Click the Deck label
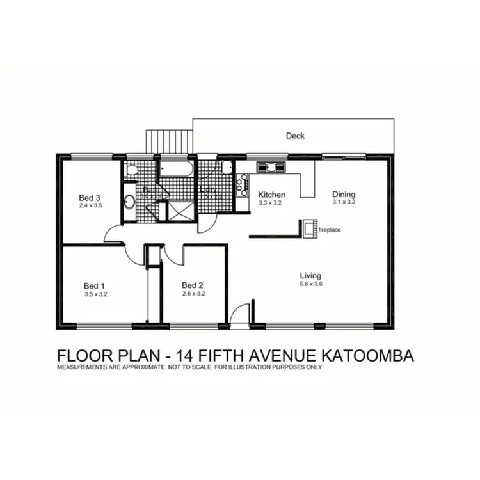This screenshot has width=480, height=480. coord(295,136)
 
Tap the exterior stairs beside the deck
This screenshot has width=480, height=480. coord(169,141)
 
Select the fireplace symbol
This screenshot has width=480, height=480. coord(310,228)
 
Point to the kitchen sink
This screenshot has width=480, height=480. coord(271,168)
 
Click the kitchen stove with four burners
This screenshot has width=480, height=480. coord(243,185)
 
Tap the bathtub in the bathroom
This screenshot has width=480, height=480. coord(176,170)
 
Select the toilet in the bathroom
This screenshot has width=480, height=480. coord(131,170)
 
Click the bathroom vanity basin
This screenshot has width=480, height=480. coord(128,202)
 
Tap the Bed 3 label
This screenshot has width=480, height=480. coord(90,197)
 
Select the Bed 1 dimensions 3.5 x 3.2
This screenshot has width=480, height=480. coord(95,295)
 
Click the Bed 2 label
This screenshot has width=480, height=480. coord(192,285)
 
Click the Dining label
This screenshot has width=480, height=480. coord(343,195)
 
